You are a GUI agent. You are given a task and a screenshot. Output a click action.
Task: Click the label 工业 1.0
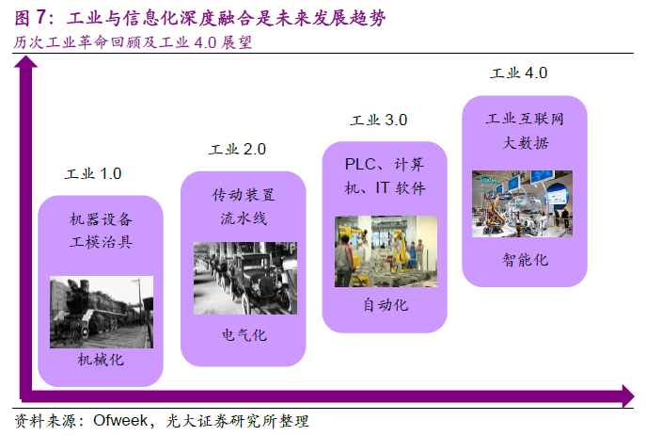pyautogui.click(x=93, y=173)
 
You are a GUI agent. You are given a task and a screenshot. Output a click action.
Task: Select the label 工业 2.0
pyautogui.click(x=237, y=149)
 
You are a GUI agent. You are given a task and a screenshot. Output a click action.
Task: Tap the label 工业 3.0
pyautogui.click(x=379, y=120)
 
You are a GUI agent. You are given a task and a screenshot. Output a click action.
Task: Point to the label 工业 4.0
pyautogui.click(x=519, y=73)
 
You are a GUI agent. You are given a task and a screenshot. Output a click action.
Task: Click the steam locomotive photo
pyautogui.click(x=102, y=312)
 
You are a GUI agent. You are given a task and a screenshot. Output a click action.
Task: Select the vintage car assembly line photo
pyautogui.click(x=245, y=279)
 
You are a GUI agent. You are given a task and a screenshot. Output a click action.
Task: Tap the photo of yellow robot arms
pyautogui.click(x=386, y=251)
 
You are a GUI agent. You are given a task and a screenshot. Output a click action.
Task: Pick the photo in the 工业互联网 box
pyautogui.click(x=522, y=203)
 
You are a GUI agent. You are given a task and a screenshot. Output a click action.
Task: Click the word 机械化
pyautogui.click(x=101, y=360)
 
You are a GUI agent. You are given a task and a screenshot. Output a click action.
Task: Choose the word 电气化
pyautogui.click(x=244, y=335)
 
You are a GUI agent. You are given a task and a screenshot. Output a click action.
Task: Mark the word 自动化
pyautogui.click(x=386, y=305)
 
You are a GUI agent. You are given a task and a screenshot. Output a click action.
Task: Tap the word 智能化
pyautogui.click(x=526, y=260)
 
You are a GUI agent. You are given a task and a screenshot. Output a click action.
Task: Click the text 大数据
pyautogui.click(x=527, y=143)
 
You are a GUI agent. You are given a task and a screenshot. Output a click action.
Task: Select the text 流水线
pyautogui.click(x=244, y=218)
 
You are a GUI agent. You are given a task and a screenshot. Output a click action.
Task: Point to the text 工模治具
pyautogui.click(x=102, y=242)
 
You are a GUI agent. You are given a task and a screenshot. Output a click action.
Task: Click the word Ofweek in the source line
pyautogui.click(x=120, y=420)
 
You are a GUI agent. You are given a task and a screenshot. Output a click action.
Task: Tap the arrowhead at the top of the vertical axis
pyautogui.click(x=26, y=62)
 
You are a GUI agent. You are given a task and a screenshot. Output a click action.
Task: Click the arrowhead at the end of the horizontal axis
pyautogui.click(x=628, y=396)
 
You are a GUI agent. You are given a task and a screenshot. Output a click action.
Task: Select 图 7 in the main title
pyautogui.click(x=30, y=17)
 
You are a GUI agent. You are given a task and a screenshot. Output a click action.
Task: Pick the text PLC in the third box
pyautogui.click(x=360, y=164)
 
